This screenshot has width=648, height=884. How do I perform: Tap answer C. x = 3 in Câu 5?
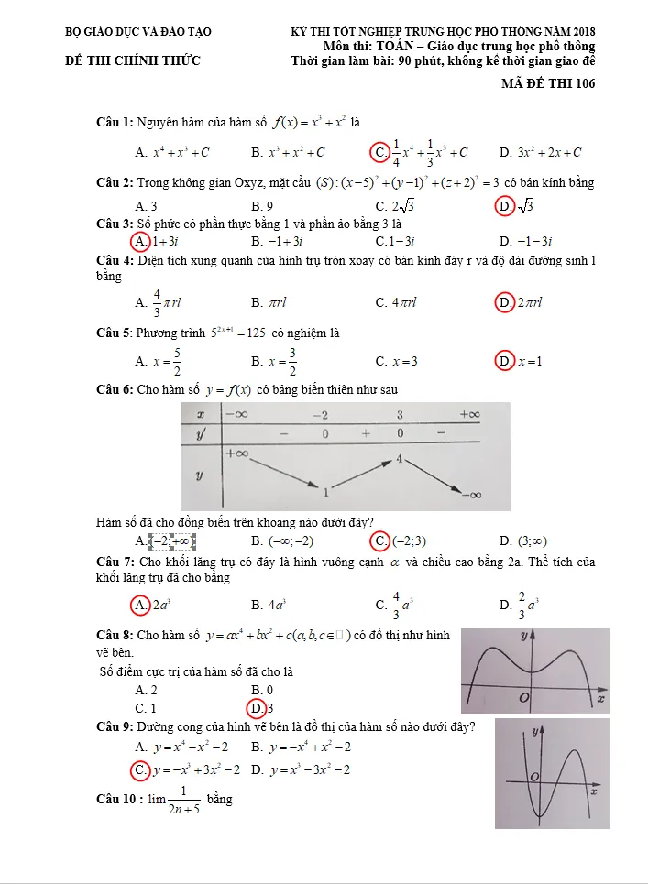pyautogui.click(x=396, y=361)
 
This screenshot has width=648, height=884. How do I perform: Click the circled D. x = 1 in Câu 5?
pyautogui.click(x=519, y=361)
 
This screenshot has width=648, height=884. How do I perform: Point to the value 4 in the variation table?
pyautogui.click(x=400, y=456)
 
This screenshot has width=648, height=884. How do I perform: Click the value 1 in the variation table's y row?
pyautogui.click(x=326, y=493)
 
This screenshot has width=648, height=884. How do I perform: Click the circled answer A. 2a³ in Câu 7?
pyautogui.click(x=153, y=605)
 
